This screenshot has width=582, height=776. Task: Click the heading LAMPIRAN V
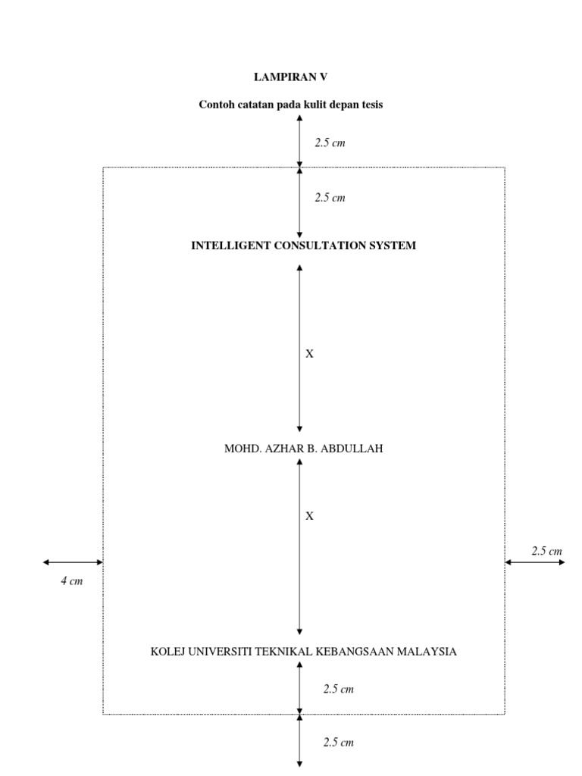click(290, 77)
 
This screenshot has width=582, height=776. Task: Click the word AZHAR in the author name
click(283, 449)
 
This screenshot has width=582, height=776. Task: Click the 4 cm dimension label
click(72, 582)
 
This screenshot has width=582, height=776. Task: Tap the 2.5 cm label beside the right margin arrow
click(547, 551)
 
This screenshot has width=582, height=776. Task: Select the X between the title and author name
click(309, 353)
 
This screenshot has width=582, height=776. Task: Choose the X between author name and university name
click(309, 516)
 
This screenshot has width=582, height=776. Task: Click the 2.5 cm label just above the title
click(330, 198)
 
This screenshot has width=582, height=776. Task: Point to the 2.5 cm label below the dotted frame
click(339, 743)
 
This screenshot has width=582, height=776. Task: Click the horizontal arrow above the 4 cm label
click(73, 562)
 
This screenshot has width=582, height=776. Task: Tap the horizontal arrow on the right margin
click(535, 562)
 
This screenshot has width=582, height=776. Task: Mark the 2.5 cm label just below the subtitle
click(330, 142)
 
